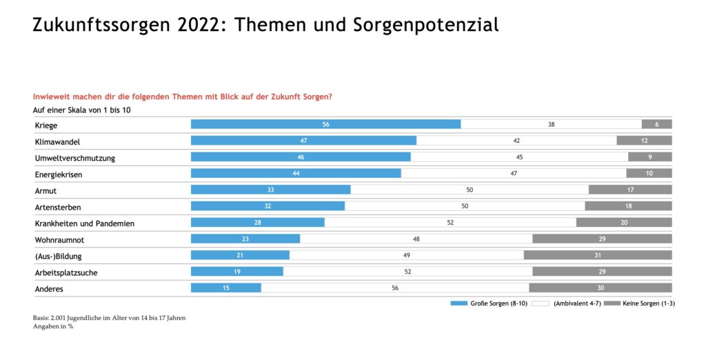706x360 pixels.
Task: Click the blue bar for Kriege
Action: pos(325,124)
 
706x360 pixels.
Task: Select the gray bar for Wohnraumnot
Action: pos(602,239)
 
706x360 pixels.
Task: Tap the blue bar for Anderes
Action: pos(225,288)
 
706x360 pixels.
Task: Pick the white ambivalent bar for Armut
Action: pos(470,190)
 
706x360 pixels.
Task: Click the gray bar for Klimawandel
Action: pos(644,141)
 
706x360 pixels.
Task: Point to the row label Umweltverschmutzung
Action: pos(75,158)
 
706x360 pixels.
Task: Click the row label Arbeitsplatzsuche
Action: pos(66,272)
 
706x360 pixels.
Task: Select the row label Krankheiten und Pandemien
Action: pos(85,223)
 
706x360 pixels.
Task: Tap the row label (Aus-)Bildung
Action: pos(59,256)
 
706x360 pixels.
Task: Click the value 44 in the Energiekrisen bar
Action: pos(296,174)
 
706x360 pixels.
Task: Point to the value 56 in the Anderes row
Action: pos(395,288)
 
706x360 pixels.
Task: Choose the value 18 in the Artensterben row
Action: pos(628,206)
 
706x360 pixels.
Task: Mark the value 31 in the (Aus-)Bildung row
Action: pos(597,256)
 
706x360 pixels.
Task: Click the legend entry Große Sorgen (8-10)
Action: pos(491,303)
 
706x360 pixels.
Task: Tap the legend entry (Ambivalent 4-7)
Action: pos(577,303)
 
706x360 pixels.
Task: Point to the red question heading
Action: pos(183,97)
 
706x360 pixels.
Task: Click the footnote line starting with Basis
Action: pos(109,318)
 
